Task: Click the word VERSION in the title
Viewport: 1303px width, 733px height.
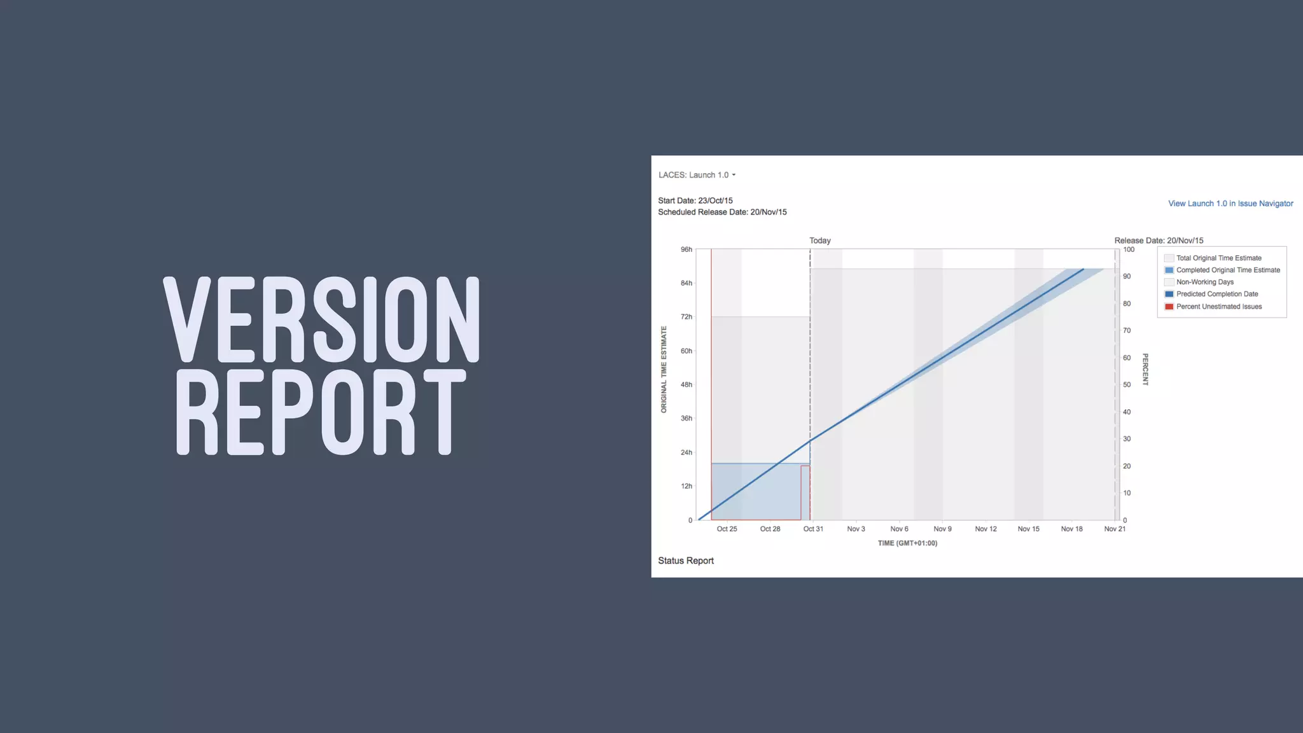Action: coord(322,319)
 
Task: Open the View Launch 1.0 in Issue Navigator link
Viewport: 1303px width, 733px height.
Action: coord(1230,204)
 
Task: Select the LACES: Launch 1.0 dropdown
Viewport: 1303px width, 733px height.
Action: coord(697,175)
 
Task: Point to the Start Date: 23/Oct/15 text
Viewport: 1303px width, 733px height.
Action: coord(695,200)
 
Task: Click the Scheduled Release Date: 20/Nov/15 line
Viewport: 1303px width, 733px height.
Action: coord(722,212)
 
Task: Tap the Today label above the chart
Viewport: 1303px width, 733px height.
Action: coord(819,241)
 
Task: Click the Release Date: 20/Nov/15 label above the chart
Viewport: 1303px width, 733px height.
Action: coord(1158,241)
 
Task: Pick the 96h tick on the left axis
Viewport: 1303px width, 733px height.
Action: coord(686,249)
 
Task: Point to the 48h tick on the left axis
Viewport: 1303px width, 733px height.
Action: coord(686,385)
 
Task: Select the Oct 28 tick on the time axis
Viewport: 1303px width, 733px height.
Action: coord(770,529)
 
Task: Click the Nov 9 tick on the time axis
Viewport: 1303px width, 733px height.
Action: coord(942,529)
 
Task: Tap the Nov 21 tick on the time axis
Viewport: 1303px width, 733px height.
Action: coord(1115,529)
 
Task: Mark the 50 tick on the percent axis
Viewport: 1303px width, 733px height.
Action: coord(1127,385)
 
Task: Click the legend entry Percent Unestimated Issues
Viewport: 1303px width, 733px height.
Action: coord(1218,307)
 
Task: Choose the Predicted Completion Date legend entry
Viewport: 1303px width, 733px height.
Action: coord(1216,294)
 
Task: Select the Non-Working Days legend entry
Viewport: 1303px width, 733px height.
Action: coord(1204,282)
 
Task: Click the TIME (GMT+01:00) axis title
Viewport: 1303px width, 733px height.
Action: coord(907,543)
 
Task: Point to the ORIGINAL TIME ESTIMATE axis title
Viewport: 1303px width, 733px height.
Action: coord(664,370)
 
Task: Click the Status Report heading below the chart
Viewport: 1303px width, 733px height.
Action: coord(685,561)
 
